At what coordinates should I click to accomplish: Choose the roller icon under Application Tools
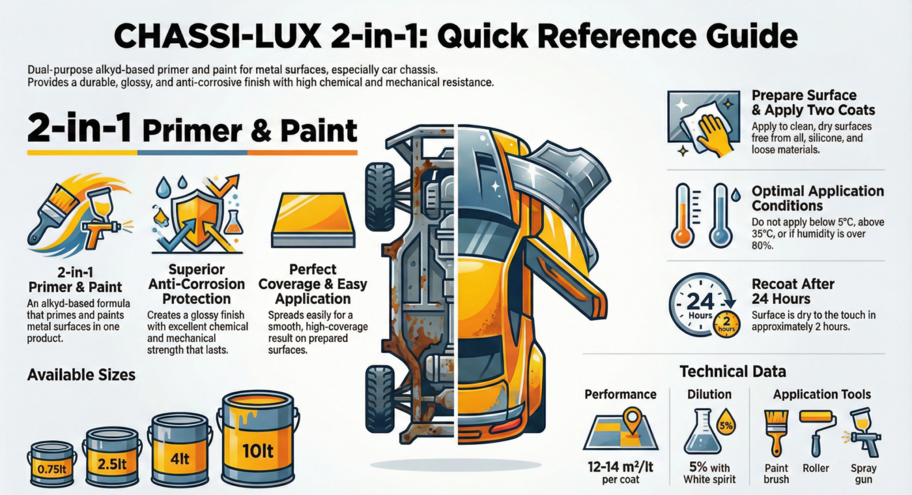pyautogui.click(x=814, y=430)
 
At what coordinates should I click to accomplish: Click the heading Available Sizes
pyautogui.click(x=81, y=375)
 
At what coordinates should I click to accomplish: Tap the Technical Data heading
pyautogui.click(x=733, y=372)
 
